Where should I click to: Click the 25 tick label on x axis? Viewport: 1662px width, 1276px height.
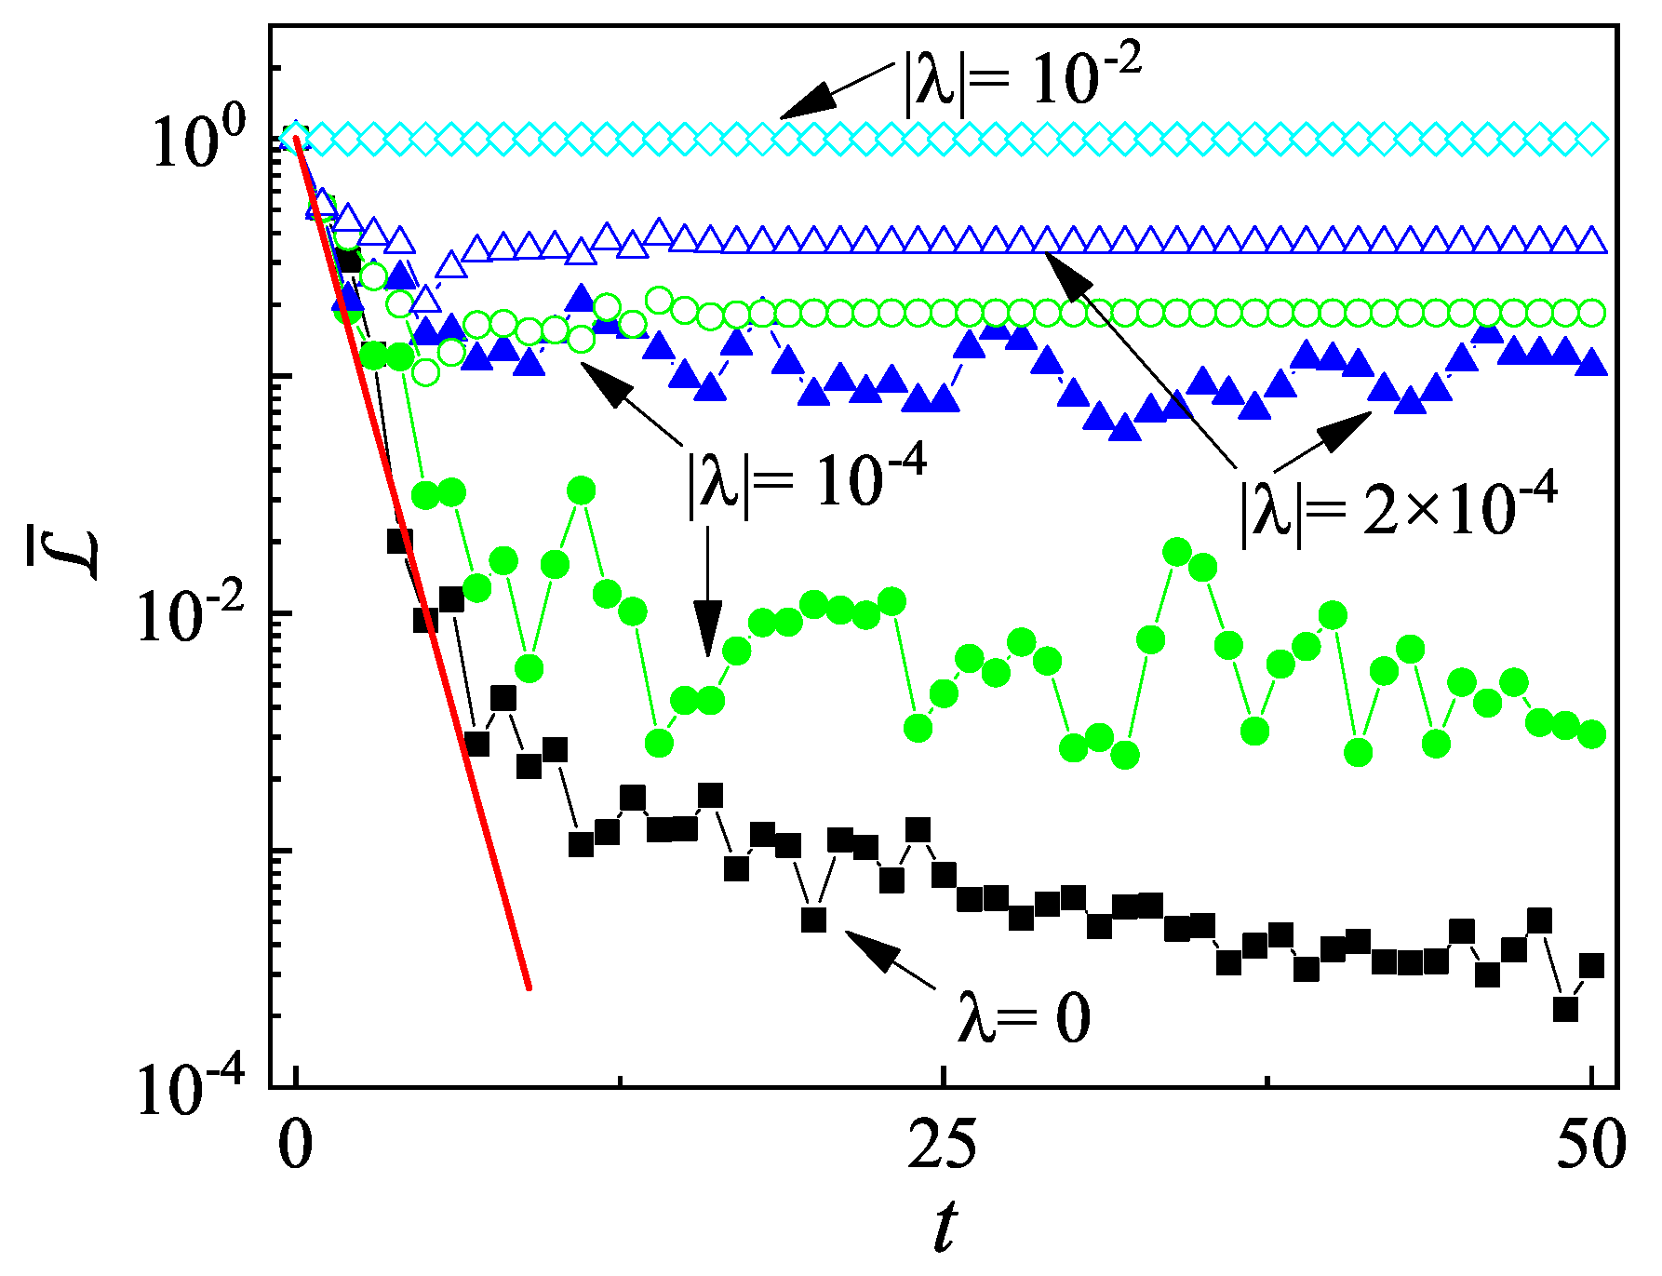[943, 1145]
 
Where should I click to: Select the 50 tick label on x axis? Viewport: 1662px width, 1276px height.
[1590, 1145]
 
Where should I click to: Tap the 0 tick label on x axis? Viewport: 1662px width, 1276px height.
[296, 1145]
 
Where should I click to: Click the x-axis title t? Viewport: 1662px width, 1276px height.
[945, 1229]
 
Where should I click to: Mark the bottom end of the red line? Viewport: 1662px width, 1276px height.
[529, 987]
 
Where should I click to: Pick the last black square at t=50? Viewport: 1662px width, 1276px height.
[1591, 966]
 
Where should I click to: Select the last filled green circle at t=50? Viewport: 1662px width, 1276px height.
[1591, 734]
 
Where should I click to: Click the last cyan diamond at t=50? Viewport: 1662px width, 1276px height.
[1592, 140]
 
